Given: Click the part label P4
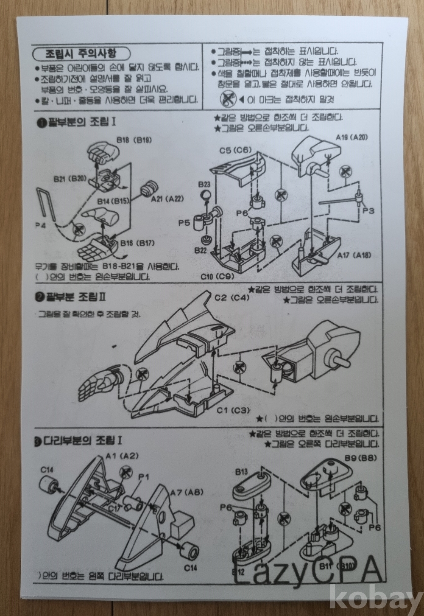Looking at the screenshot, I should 41,226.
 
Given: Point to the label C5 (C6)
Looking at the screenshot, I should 235,150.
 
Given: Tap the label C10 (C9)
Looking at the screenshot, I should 218,277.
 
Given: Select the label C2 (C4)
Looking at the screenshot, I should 232,297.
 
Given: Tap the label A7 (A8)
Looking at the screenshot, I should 187,493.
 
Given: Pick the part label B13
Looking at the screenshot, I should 242,472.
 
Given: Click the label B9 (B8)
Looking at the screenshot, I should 355,459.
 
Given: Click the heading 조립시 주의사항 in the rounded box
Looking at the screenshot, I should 81,54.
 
